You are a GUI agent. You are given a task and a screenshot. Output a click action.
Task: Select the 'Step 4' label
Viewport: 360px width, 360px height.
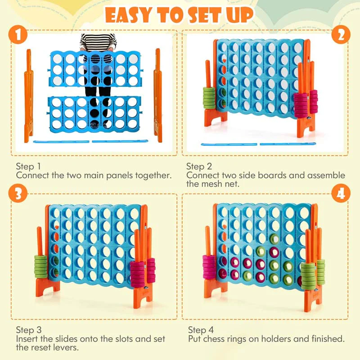pyautogui.click(x=201, y=329)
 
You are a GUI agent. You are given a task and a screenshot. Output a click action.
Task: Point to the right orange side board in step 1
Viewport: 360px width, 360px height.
pyautogui.click(x=157, y=94)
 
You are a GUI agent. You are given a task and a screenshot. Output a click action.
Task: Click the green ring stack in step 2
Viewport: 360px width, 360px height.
pyautogui.click(x=209, y=98)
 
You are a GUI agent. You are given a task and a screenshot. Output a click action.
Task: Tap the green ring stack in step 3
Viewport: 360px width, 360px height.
pyautogui.click(x=42, y=265)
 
